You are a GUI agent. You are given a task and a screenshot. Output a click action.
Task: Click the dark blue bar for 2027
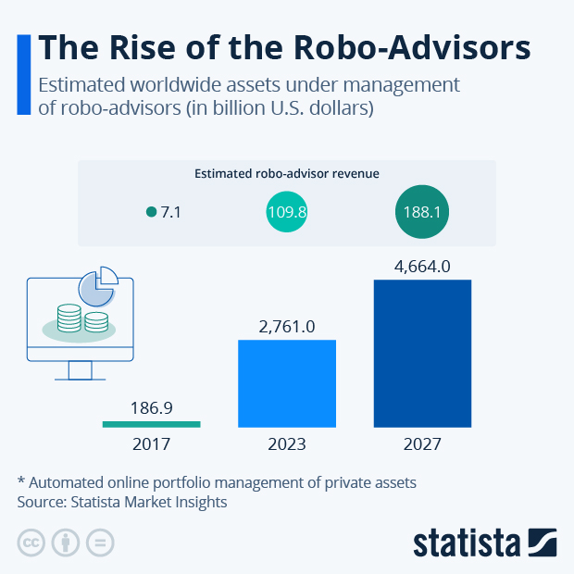(x=422, y=353)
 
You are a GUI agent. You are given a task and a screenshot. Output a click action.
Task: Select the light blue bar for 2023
(x=287, y=383)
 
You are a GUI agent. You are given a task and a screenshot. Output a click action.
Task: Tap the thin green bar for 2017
(x=151, y=424)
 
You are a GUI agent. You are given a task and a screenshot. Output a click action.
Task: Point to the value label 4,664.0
(x=422, y=267)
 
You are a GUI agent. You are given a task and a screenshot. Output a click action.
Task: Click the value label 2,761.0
(x=287, y=326)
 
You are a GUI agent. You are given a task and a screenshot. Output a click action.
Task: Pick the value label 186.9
(x=151, y=406)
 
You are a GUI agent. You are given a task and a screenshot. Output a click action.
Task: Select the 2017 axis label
(x=151, y=444)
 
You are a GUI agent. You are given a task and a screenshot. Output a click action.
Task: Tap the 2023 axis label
(x=287, y=444)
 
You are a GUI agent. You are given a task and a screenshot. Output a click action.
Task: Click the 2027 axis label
(x=422, y=444)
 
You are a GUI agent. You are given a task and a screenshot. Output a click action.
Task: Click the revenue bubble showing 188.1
(x=422, y=212)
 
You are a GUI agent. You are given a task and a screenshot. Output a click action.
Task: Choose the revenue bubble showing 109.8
(x=287, y=212)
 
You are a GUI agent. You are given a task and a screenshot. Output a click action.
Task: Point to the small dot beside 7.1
(x=152, y=212)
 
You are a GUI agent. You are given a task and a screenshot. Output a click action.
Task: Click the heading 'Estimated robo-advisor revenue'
(x=287, y=173)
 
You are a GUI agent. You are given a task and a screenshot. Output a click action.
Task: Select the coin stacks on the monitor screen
(x=81, y=319)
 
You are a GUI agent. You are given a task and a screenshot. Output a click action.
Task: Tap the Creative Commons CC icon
(x=31, y=543)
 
